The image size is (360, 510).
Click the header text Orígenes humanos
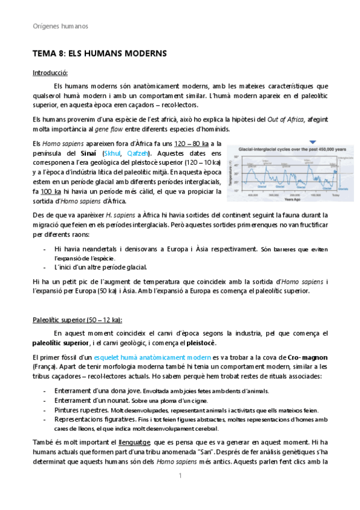pyautogui.click(x=59, y=26)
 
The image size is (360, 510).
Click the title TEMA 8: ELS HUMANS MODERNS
pyautogui.click(x=99, y=54)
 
